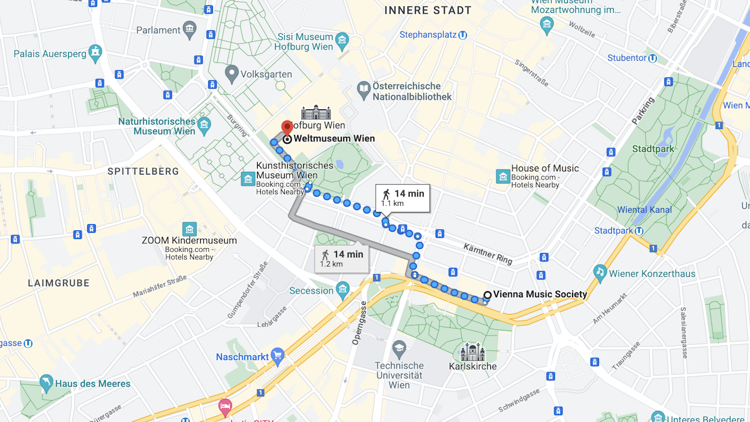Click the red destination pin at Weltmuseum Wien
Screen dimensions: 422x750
click(x=287, y=127)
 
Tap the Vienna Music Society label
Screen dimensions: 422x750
click(x=540, y=294)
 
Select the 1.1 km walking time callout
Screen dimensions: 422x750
click(x=403, y=198)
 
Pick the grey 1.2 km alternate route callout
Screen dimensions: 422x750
click(x=342, y=259)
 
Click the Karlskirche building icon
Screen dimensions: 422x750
click(x=473, y=353)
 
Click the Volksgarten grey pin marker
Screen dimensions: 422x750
click(x=231, y=74)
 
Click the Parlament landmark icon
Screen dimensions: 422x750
click(x=190, y=29)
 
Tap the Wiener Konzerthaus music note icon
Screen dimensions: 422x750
click(x=600, y=273)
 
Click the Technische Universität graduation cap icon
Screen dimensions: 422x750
click(x=400, y=349)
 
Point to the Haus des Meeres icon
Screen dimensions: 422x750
click(x=46, y=383)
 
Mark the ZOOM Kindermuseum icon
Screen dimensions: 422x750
click(x=190, y=229)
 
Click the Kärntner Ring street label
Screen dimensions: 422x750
click(x=488, y=254)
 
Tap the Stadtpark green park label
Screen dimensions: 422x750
click(x=653, y=149)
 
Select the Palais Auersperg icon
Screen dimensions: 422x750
click(x=95, y=53)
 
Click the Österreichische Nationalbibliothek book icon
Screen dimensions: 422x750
click(x=364, y=91)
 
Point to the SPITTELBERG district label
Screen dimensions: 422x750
click(x=143, y=171)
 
